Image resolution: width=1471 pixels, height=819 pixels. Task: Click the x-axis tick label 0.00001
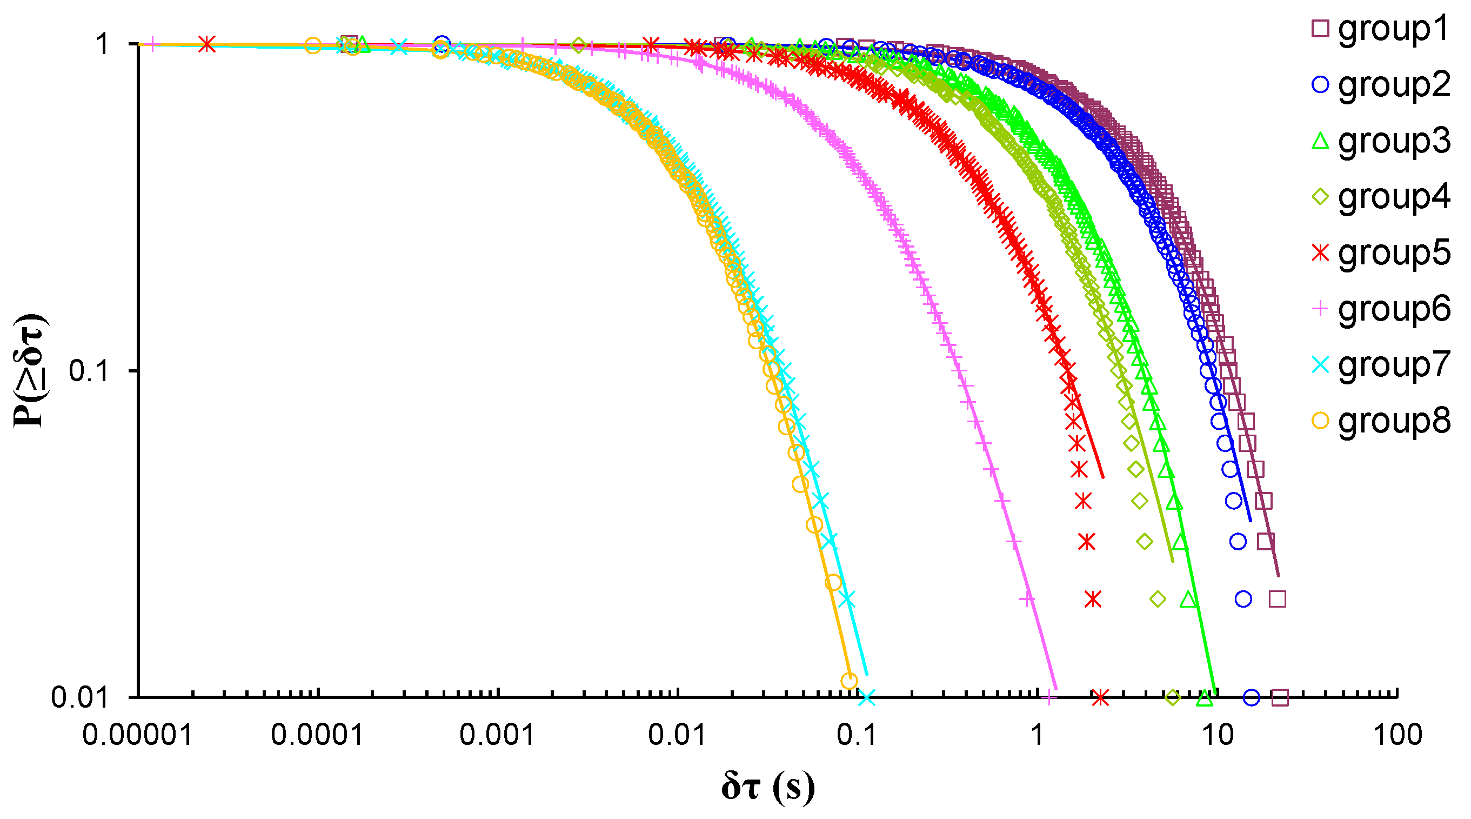138,735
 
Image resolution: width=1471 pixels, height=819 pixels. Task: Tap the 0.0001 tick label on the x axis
318,735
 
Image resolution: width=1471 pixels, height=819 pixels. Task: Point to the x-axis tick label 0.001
497,735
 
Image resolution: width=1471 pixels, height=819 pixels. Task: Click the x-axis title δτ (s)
767,788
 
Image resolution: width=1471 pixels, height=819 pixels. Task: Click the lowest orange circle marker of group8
849,681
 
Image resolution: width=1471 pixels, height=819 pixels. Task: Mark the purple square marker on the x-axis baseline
1280,697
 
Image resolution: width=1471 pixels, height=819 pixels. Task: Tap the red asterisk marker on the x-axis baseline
1100,697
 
